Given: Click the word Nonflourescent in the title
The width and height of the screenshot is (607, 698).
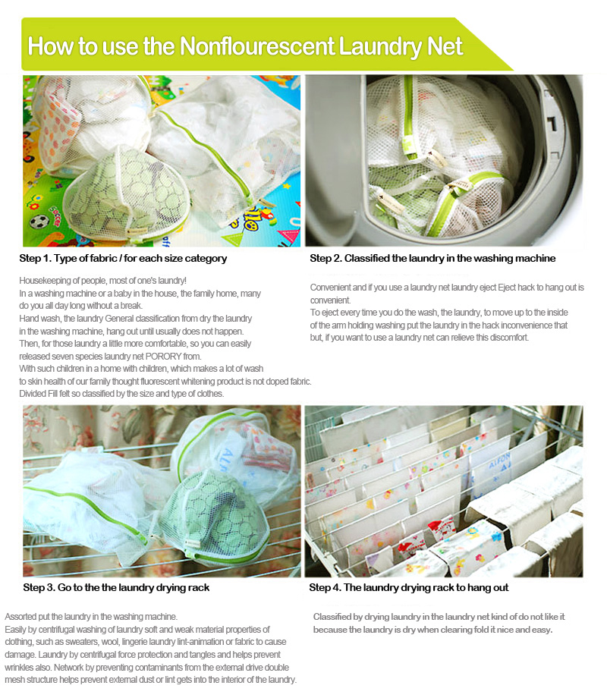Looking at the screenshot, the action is (x=257, y=46).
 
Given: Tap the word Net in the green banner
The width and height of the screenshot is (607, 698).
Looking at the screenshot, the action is (x=445, y=46).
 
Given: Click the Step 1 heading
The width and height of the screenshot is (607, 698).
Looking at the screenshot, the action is (x=123, y=258).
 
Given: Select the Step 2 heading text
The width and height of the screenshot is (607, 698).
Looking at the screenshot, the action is (x=432, y=258).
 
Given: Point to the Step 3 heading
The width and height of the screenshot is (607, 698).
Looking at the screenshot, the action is (x=116, y=587).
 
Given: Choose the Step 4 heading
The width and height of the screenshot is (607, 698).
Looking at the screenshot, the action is (x=409, y=587).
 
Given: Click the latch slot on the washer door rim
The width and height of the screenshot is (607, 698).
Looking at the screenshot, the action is (x=552, y=122).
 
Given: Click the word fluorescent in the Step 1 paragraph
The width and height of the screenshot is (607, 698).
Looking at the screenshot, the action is (x=159, y=382).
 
